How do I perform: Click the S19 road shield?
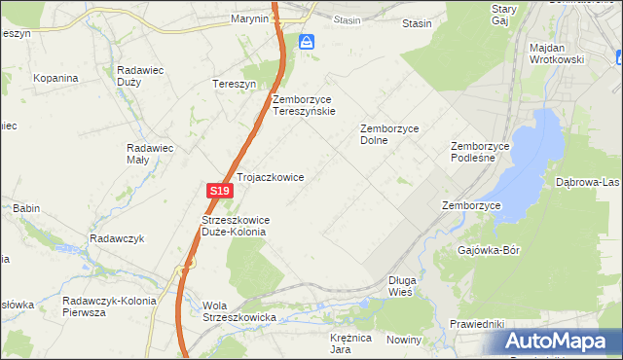tap(220, 192)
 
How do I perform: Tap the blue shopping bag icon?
tap(307, 42)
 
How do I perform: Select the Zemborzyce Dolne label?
tap(388, 133)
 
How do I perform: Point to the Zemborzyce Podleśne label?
tap(480, 153)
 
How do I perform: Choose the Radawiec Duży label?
tap(145, 77)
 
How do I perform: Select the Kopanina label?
tap(55, 77)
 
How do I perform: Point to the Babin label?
tap(25, 208)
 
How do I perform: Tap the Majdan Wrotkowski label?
tap(556, 54)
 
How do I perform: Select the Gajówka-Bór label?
tap(489, 250)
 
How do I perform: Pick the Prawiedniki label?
tap(476, 323)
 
